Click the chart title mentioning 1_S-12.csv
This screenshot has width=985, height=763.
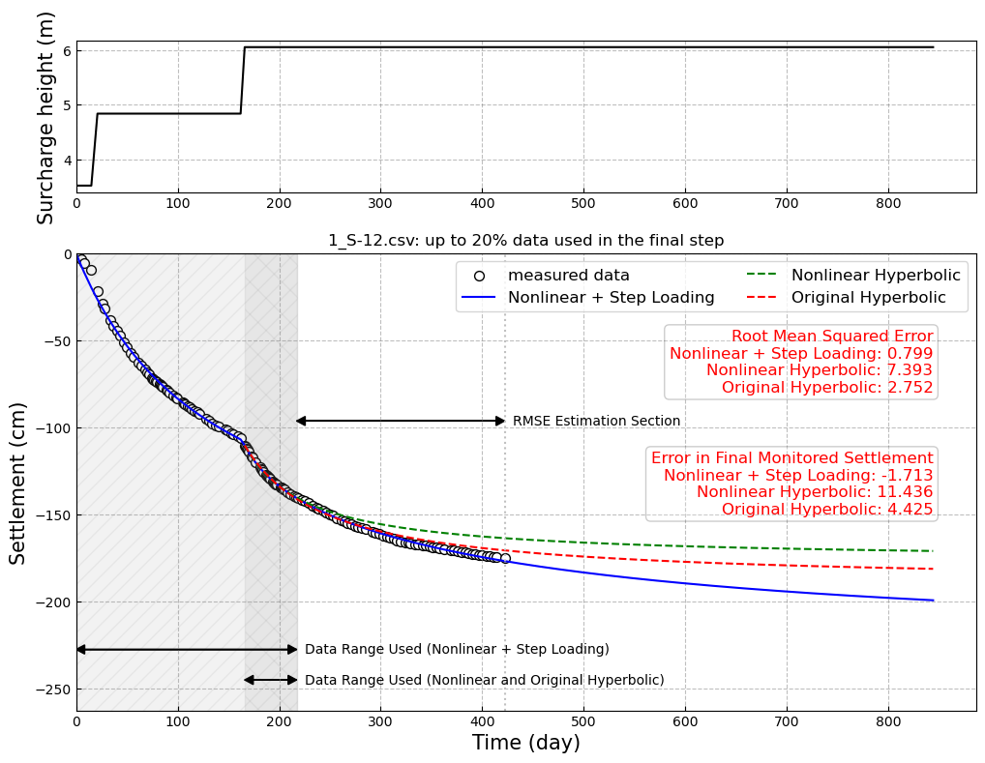(525, 241)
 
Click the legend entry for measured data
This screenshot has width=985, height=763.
(568, 276)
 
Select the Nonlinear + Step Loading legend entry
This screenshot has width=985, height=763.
(611, 298)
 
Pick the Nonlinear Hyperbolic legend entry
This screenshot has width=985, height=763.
(876, 276)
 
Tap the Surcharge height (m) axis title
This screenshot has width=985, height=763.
(46, 118)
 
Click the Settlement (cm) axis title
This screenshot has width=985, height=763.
(18, 483)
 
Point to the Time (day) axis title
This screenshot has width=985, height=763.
(525, 743)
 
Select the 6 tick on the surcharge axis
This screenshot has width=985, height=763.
(66, 50)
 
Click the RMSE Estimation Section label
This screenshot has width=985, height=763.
(596, 422)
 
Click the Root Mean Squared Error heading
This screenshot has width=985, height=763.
(832, 337)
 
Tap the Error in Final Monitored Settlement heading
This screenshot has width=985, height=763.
(791, 458)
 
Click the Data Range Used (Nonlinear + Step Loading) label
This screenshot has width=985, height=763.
(457, 650)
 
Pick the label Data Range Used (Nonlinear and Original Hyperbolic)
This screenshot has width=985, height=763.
(484, 681)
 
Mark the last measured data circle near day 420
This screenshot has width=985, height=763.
(505, 559)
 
